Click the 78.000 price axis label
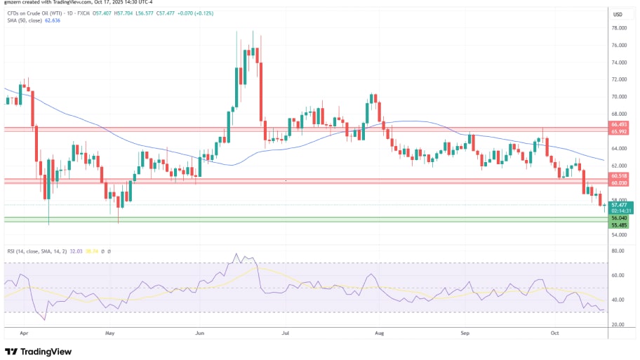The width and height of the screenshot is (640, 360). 618,28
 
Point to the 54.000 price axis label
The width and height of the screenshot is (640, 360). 618,234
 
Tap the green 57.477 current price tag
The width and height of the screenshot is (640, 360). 618,204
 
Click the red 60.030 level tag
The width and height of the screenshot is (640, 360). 618,183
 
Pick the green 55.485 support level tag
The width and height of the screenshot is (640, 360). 618,224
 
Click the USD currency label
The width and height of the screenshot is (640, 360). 618,14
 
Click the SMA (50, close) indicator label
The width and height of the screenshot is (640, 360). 26,20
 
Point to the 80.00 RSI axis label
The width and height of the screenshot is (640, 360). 618,251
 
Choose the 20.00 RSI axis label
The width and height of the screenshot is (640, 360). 618,324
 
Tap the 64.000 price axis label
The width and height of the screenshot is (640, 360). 618,148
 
